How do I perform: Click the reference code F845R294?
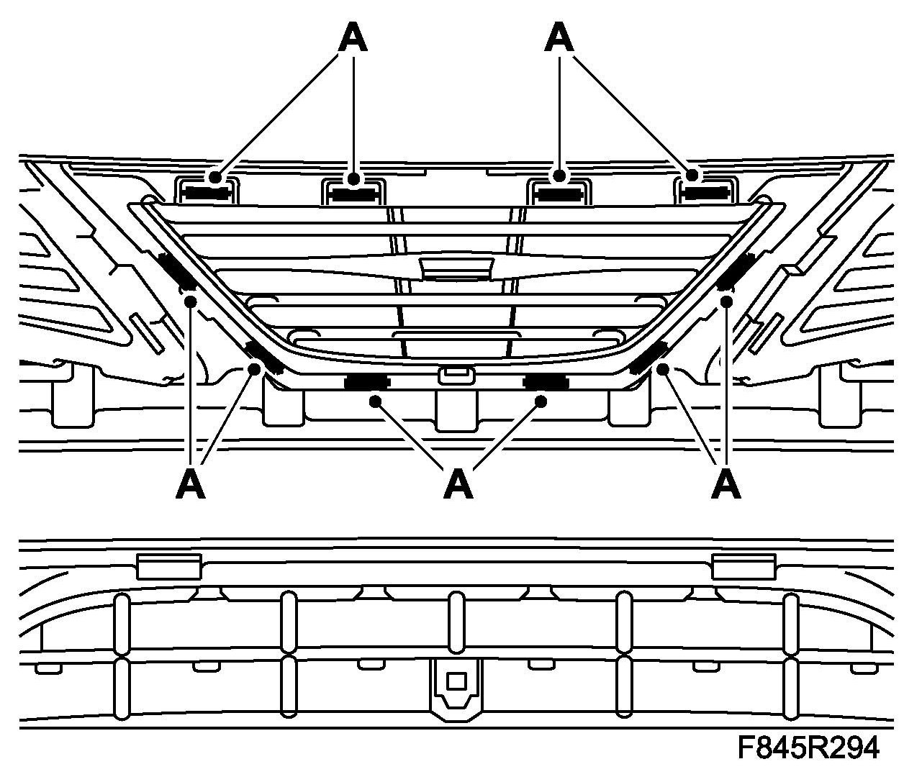[808, 748]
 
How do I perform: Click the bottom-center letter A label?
[458, 484]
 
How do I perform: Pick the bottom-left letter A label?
[190, 484]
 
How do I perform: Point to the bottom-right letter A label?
[726, 484]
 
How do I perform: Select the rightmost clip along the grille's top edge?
[705, 192]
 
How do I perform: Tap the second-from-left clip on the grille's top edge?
[352, 193]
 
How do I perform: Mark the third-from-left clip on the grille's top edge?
[560, 193]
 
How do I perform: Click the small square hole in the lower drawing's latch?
[456, 680]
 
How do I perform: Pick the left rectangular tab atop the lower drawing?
[168, 566]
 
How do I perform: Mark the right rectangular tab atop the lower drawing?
[743, 566]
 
